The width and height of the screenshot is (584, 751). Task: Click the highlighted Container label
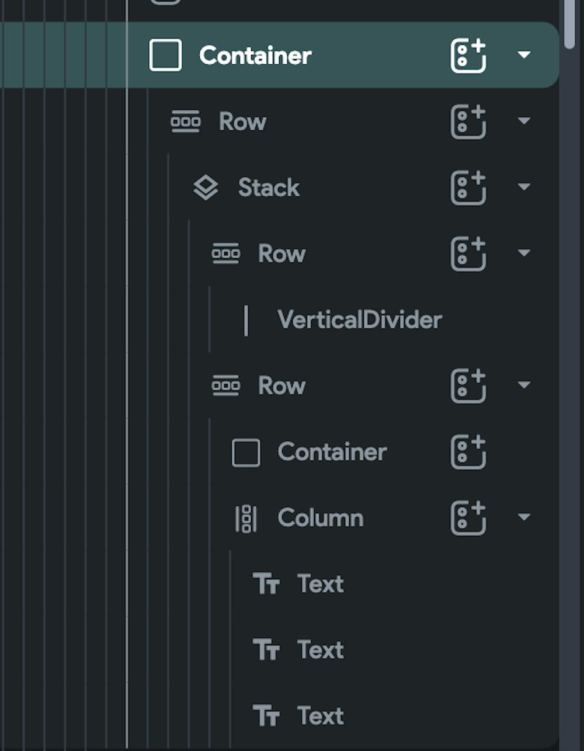(255, 55)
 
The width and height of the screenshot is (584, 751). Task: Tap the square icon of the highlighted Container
(165, 55)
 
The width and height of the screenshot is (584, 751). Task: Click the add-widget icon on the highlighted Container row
(468, 55)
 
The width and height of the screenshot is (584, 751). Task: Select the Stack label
(269, 188)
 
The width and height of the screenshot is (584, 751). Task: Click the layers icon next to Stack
(206, 188)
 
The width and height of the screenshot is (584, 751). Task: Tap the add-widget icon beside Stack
(468, 188)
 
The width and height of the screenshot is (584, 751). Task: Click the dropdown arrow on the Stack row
(524, 187)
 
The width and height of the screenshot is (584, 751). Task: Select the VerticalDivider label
(360, 320)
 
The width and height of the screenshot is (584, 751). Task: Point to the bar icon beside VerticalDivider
(246, 320)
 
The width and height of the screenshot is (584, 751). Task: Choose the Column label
(321, 518)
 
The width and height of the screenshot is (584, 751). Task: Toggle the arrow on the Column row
(524, 517)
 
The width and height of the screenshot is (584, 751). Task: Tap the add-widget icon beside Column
(468, 518)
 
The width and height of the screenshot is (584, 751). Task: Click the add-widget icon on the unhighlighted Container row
(468, 452)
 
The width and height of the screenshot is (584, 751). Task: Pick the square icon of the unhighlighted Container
(246, 453)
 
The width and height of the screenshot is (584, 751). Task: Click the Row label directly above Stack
(242, 122)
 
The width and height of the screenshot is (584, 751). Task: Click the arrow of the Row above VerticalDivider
(524, 253)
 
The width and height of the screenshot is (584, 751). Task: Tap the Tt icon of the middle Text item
(266, 650)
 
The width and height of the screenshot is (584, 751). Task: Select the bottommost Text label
(320, 716)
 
